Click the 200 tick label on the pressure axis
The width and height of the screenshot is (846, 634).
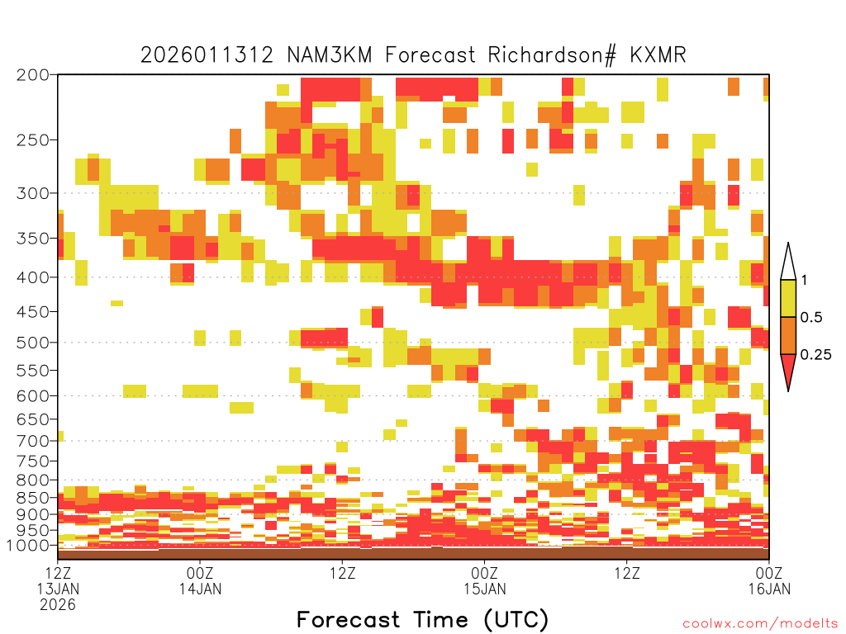[33, 75]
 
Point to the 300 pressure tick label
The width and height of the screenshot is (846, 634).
[33, 193]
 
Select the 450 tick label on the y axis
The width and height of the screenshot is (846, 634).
[33, 311]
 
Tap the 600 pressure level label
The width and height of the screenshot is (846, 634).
[33, 395]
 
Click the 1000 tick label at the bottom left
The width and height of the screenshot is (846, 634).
[27, 545]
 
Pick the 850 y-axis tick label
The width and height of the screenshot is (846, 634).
[33, 498]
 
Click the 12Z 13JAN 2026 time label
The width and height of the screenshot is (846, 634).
[58, 589]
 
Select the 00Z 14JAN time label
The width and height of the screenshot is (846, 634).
[200, 580]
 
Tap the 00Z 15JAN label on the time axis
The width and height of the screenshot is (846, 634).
[484, 580]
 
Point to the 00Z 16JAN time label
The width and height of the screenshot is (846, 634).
[769, 580]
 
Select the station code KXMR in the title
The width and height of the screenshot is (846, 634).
[658, 55]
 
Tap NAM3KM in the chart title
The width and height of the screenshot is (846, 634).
[330, 55]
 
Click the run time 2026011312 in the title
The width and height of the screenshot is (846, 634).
[207, 55]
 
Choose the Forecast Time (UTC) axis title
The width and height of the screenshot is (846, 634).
[422, 619]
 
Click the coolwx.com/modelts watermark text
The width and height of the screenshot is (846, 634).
[761, 624]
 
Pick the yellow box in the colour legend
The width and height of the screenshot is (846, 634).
[788, 298]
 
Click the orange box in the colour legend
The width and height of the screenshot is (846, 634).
[788, 335]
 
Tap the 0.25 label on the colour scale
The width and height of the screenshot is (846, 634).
[815, 354]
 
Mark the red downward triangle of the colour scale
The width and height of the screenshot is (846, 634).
[788, 367]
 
